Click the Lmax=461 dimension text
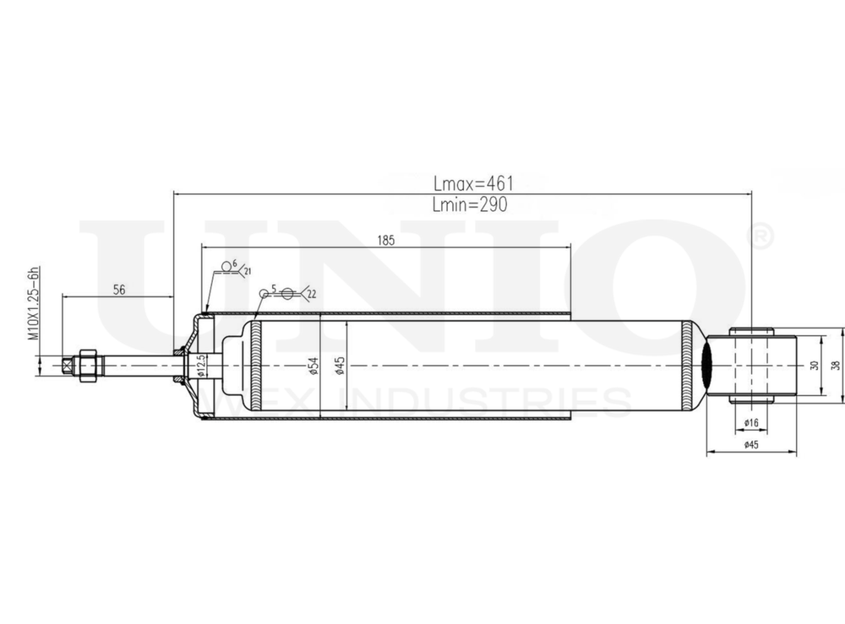[x=473, y=182]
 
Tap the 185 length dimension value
[x=385, y=240]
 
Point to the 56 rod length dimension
[x=119, y=289]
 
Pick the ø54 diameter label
[x=313, y=365]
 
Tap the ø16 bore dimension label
[x=750, y=423]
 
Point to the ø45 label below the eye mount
[x=750, y=445]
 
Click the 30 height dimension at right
[x=815, y=365]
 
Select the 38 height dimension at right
[x=834, y=365]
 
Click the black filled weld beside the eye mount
[x=707, y=365]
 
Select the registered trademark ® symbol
[x=760, y=237]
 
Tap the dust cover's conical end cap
[x=194, y=338]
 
